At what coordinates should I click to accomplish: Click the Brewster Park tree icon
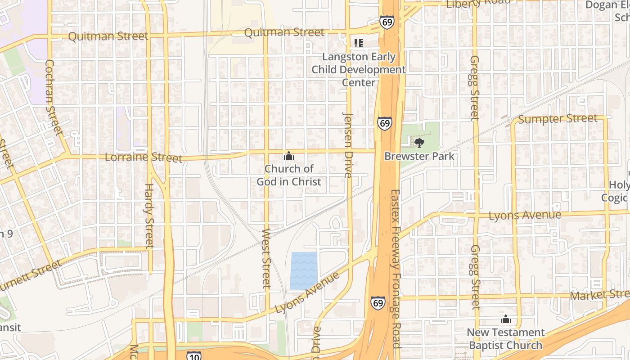point(419,143)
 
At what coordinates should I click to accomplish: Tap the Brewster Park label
point(419,156)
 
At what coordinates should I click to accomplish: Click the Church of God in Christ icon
point(289,156)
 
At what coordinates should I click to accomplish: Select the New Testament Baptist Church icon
point(506,319)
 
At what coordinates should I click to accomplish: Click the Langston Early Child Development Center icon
point(359,43)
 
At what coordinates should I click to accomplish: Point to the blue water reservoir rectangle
point(304,270)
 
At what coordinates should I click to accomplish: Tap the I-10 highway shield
point(194,355)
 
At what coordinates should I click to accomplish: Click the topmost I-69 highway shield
point(387,22)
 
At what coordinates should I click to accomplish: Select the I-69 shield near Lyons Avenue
point(378,303)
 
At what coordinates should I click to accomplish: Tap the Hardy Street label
point(149,216)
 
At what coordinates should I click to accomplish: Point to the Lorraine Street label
point(144,157)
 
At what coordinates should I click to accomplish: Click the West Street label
point(266,258)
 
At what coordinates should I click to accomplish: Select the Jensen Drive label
point(348,145)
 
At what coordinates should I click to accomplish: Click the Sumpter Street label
point(558,119)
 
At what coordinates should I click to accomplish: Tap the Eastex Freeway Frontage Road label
point(396,268)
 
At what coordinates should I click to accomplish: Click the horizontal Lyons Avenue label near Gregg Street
point(525,215)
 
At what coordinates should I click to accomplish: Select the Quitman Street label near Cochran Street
point(108,36)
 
